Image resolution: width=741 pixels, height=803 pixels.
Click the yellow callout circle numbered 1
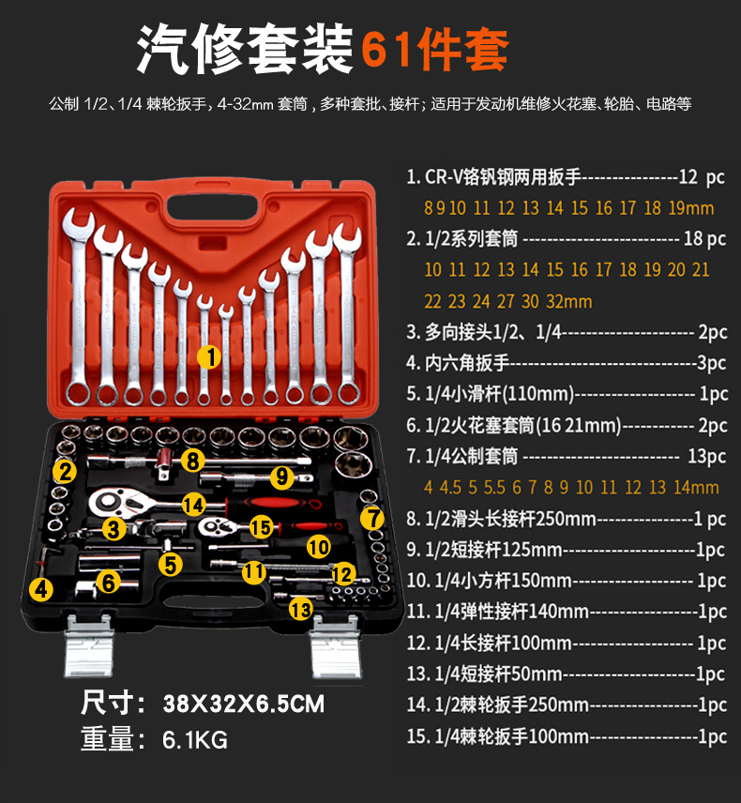[x=209, y=356]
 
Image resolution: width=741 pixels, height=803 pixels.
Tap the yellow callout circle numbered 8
[x=192, y=461]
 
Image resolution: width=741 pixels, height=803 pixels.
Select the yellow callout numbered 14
[x=194, y=505]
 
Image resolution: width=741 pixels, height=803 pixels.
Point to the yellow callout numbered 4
[x=41, y=589]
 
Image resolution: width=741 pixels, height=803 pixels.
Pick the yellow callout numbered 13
[x=300, y=609]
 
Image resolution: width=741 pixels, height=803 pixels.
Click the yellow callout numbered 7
[x=372, y=518]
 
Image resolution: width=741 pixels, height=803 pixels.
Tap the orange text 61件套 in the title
[x=435, y=49]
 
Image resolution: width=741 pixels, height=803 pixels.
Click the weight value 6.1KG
[x=194, y=739]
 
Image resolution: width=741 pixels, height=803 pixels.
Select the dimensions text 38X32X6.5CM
[x=243, y=704]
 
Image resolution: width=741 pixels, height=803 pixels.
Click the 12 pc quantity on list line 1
[x=701, y=177]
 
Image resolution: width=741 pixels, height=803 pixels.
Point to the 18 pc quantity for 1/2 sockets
[x=704, y=238]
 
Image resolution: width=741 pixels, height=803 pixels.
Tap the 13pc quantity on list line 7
[x=706, y=456]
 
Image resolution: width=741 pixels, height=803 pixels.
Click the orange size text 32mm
[x=569, y=301]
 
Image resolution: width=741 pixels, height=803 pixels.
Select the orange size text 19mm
[x=690, y=208]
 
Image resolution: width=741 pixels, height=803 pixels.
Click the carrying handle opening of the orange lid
[x=212, y=205]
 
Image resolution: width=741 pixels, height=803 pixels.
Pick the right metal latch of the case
[x=336, y=646]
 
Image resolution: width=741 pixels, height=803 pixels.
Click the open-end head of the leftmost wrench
[x=78, y=223]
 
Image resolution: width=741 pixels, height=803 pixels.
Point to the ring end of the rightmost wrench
[x=348, y=392]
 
